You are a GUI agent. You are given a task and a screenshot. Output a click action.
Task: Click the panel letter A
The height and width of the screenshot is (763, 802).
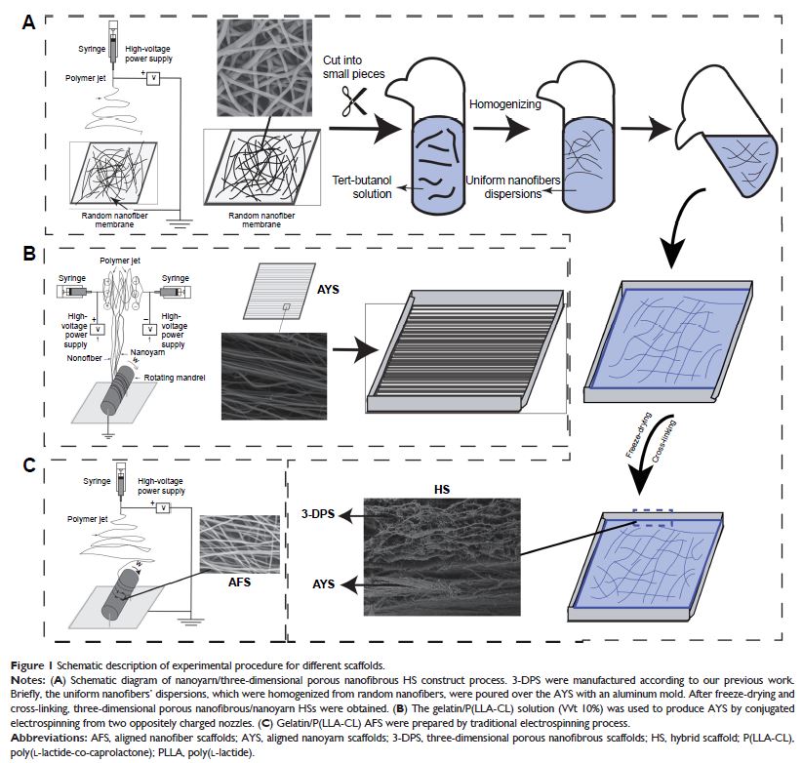(x=30, y=22)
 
